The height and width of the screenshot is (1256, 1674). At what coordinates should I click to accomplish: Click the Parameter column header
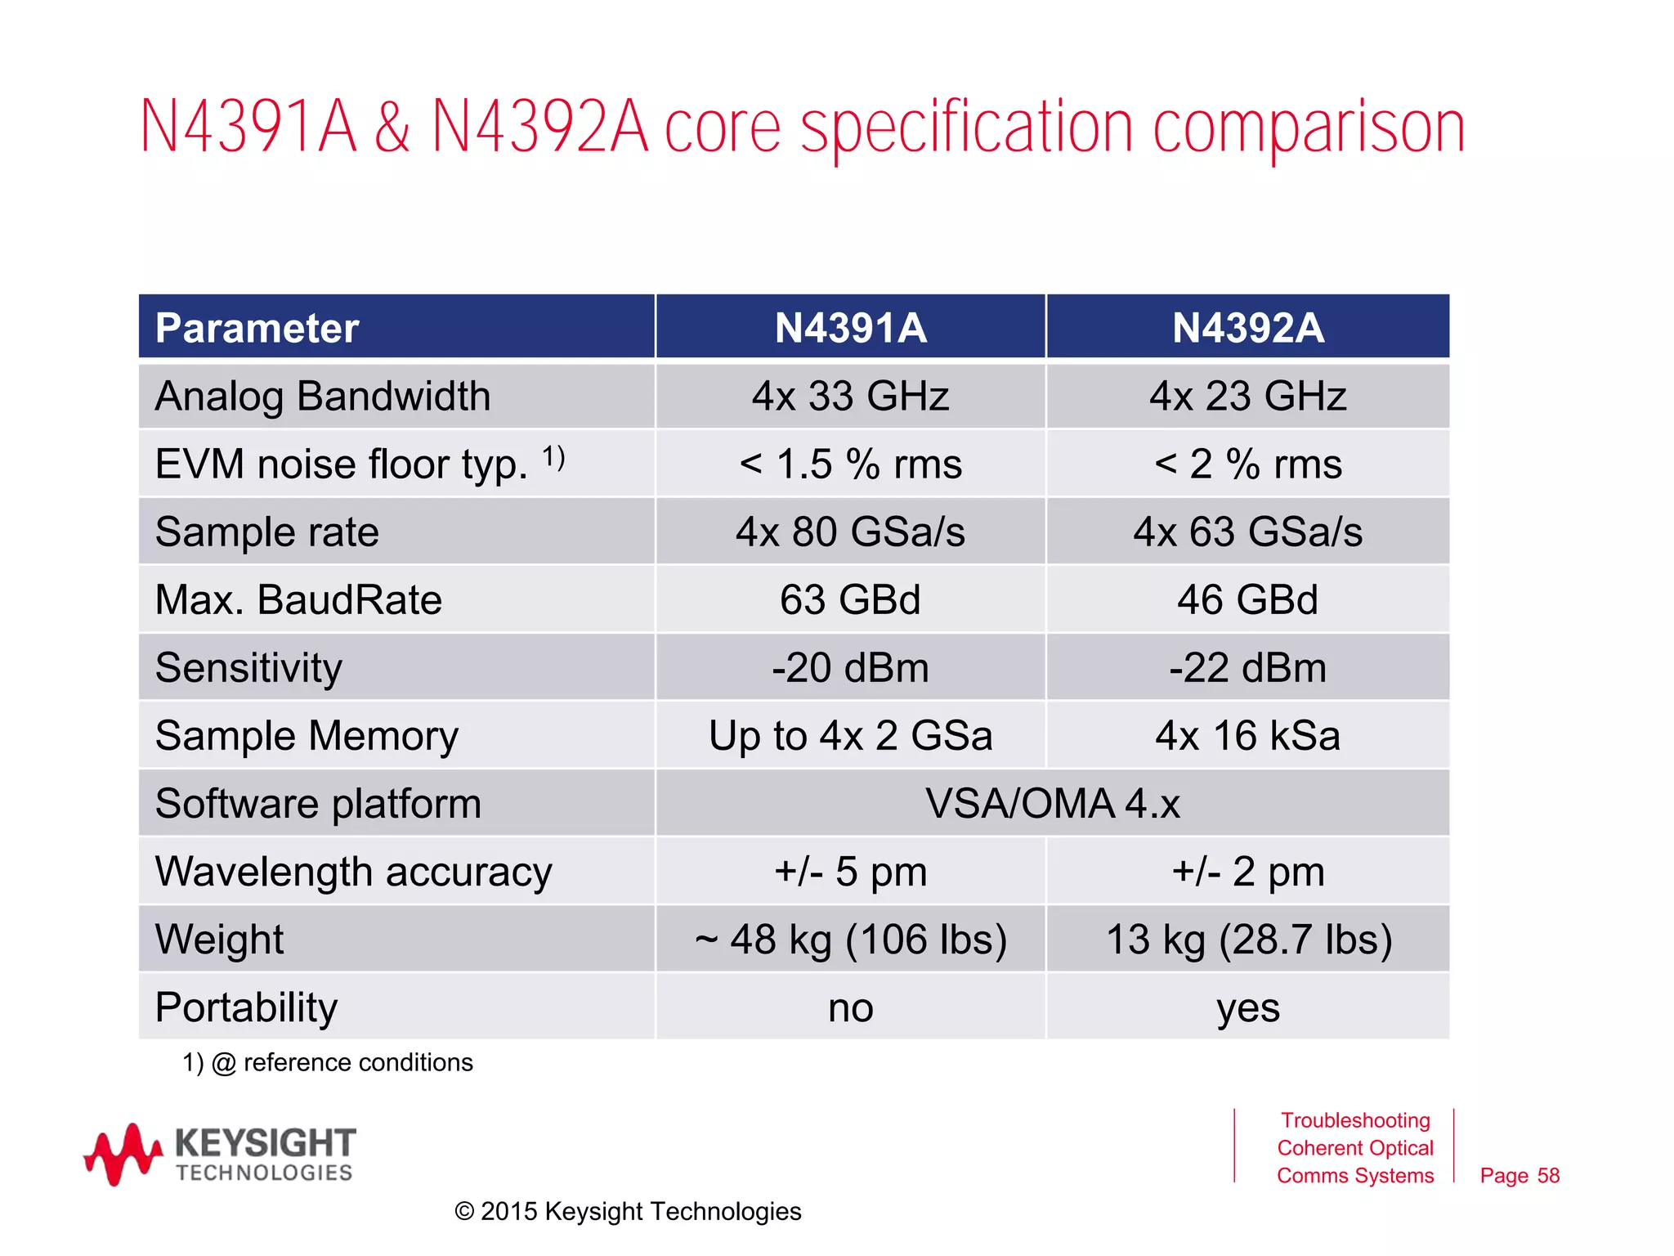pyautogui.click(x=257, y=328)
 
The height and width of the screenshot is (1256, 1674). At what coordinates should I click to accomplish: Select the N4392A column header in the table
pyautogui.click(x=1247, y=328)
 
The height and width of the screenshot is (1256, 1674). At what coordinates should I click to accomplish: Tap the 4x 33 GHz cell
pyautogui.click(x=850, y=397)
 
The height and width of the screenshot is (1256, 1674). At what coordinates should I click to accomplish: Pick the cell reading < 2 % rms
pyautogui.click(x=1247, y=464)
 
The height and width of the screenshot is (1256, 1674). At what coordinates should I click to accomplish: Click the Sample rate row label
pyautogui.click(x=267, y=532)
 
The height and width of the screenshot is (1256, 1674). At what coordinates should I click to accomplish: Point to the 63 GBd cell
pyautogui.click(x=850, y=600)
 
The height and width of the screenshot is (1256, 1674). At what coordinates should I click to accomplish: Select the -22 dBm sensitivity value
pyautogui.click(x=1247, y=668)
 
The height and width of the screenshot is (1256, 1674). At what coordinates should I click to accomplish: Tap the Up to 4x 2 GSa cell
pyautogui.click(x=850, y=736)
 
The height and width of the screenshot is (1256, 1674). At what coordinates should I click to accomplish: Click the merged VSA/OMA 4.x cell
pyautogui.click(x=1052, y=804)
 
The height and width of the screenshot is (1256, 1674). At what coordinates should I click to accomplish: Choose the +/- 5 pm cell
pyautogui.click(x=850, y=872)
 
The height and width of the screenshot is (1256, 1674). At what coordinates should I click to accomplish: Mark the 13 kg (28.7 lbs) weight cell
pyautogui.click(x=1247, y=940)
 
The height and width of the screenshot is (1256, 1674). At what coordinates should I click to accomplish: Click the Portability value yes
pyautogui.click(x=1247, y=1007)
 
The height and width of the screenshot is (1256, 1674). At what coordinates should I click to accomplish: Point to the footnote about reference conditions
pyautogui.click(x=328, y=1062)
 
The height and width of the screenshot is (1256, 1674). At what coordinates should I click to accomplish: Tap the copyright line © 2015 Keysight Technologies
pyautogui.click(x=628, y=1211)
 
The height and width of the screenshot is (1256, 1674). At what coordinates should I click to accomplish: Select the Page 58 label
pyautogui.click(x=1519, y=1176)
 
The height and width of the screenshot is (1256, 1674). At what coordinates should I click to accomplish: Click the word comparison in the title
pyautogui.click(x=1308, y=129)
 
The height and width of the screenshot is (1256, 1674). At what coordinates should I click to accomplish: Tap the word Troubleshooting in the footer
pyautogui.click(x=1354, y=1120)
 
